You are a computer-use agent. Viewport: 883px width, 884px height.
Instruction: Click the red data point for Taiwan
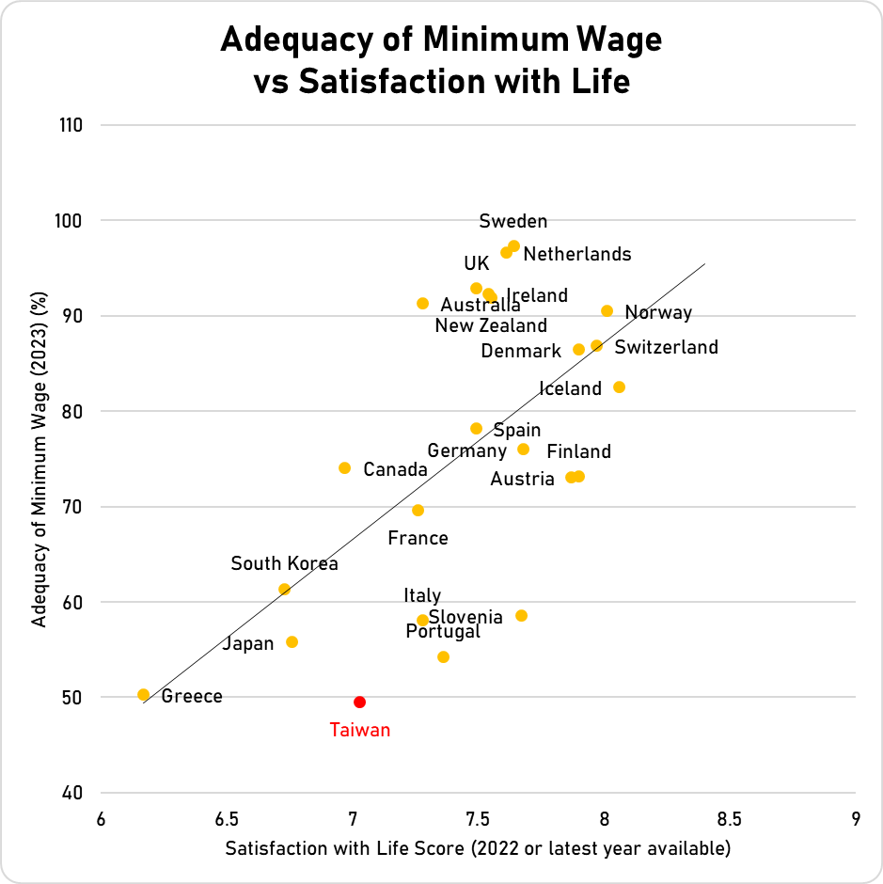click(359, 702)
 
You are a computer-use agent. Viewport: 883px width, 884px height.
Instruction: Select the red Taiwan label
click(359, 730)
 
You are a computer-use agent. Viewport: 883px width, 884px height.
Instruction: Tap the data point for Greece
click(143, 695)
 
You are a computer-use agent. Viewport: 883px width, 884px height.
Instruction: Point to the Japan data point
click(292, 642)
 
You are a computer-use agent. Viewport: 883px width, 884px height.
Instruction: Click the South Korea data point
click(284, 589)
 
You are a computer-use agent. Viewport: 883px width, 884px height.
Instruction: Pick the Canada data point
click(344, 467)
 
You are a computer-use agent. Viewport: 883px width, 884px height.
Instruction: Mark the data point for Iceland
click(619, 387)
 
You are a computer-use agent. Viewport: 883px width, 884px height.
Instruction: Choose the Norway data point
click(607, 310)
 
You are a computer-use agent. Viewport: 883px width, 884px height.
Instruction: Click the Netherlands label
click(576, 254)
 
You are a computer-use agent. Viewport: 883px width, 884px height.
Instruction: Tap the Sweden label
click(512, 221)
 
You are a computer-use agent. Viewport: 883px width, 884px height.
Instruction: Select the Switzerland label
click(666, 347)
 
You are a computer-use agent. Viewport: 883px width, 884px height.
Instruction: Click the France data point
click(418, 510)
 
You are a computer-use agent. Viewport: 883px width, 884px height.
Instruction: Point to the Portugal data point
click(443, 656)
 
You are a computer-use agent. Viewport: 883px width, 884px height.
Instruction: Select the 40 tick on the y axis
click(74, 793)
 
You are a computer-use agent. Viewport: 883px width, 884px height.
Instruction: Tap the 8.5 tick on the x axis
click(730, 817)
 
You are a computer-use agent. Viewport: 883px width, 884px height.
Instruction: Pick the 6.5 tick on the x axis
click(226, 817)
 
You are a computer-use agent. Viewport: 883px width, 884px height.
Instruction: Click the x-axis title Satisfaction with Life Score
click(478, 848)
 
